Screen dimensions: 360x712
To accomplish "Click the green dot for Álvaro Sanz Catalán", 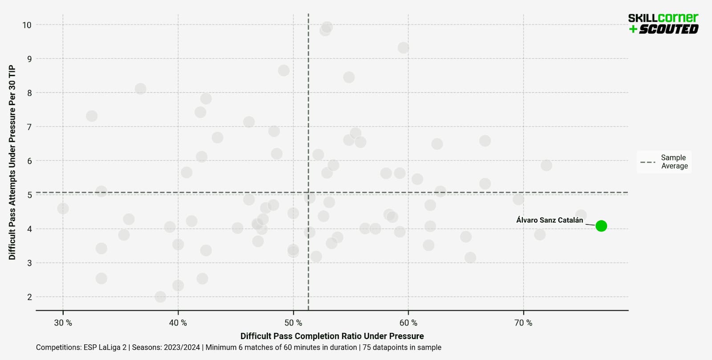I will [x=601, y=226].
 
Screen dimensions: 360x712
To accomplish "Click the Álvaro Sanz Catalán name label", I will [x=549, y=220].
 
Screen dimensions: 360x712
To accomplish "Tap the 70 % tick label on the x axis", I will [x=523, y=323].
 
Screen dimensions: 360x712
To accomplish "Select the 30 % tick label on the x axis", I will [x=63, y=323].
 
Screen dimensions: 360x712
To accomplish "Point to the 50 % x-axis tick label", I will [x=293, y=323].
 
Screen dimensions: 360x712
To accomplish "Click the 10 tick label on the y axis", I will [x=27, y=25].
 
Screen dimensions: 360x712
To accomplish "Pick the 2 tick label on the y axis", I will [x=29, y=297].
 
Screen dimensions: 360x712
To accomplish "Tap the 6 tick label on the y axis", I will [x=29, y=161].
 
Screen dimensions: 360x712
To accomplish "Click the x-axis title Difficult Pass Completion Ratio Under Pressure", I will [x=332, y=336].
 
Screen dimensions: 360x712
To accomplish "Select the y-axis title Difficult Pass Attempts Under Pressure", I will [x=12, y=162].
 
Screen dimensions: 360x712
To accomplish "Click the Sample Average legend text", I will [x=674, y=162].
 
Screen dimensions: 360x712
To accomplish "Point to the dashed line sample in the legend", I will [x=647, y=162].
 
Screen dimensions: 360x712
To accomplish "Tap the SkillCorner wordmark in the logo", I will [x=663, y=18].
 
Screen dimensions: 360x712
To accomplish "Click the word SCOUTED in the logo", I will [x=668, y=29].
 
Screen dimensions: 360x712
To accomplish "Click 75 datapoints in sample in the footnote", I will [x=402, y=348].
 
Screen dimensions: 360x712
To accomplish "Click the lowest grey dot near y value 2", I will [x=160, y=297].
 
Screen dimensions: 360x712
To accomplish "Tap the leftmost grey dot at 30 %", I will [x=63, y=209].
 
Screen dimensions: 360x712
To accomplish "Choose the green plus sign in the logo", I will [x=633, y=29].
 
